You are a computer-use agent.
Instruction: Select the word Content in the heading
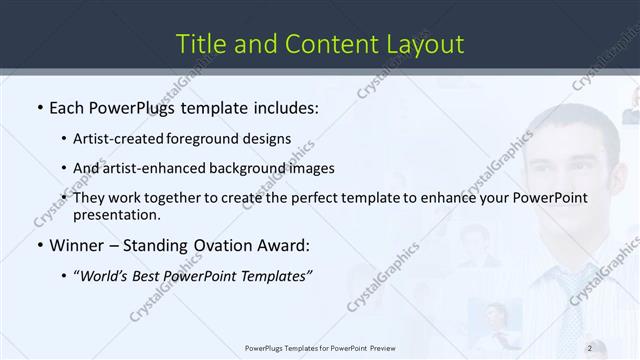click(325, 44)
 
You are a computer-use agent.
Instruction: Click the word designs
click(268, 138)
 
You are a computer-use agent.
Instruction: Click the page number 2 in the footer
click(590, 347)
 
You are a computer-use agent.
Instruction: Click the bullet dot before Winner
click(39, 245)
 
